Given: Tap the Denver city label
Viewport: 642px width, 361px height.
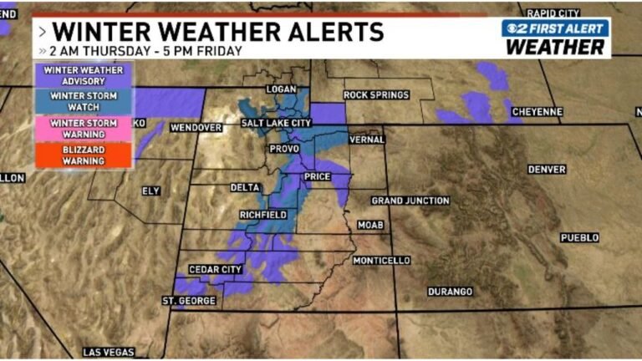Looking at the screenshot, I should (547, 170).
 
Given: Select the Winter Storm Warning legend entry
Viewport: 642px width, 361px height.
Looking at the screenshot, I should (83, 129).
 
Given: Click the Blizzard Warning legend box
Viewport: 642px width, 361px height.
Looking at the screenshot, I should (83, 155).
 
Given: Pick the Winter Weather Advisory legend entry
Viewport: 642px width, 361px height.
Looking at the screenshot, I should (83, 76).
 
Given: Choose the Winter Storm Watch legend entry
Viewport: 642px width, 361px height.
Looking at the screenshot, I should (83, 102).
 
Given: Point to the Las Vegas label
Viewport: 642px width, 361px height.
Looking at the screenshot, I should (108, 352).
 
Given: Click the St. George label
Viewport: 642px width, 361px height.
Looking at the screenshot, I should (189, 300).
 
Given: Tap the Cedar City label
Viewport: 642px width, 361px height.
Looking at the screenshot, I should (216, 269).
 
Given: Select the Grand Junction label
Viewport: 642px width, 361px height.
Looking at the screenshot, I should (410, 201).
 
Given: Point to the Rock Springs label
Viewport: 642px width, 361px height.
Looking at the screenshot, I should (376, 95).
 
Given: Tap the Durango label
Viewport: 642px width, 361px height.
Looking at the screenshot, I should (450, 292).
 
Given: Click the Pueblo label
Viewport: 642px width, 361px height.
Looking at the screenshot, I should (579, 237).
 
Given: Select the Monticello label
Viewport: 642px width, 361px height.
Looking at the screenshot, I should (381, 261).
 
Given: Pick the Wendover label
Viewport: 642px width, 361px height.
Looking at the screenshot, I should (196, 128).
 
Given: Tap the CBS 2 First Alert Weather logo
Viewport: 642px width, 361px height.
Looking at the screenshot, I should (555, 38).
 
